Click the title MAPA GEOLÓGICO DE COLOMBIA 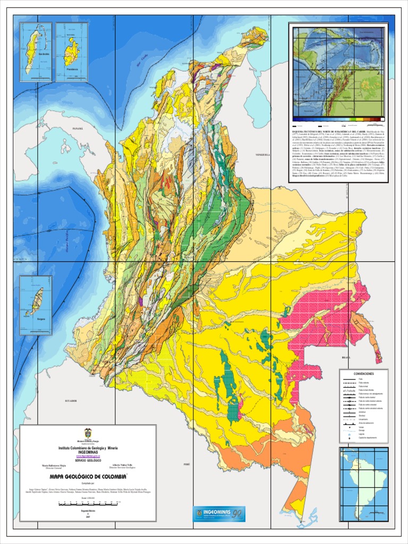88,477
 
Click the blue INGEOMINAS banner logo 219,514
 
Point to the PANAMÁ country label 78,129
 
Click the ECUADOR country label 71,401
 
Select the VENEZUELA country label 263,155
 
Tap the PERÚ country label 186,464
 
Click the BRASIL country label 346,358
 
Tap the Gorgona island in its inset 37,301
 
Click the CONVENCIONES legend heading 363,374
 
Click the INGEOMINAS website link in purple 88,456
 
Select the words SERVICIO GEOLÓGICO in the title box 88,460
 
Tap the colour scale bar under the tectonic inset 338,119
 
